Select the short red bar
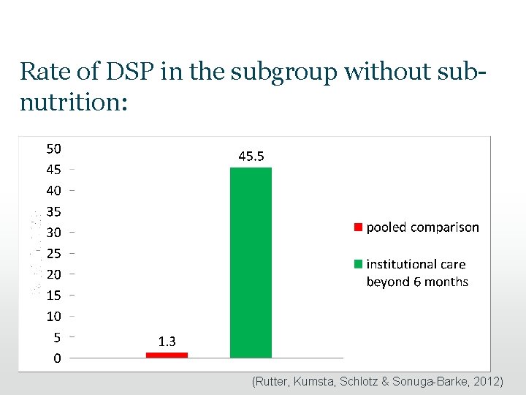167,355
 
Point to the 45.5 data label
251,156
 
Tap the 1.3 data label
167,340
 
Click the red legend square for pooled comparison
358,227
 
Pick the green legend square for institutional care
358,264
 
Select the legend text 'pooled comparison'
422,227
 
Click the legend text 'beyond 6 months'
417,282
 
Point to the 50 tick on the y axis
54,148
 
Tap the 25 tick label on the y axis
54,253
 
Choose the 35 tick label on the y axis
54,211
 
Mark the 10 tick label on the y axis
54,317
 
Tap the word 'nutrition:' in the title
74,102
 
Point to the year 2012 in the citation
485,382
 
